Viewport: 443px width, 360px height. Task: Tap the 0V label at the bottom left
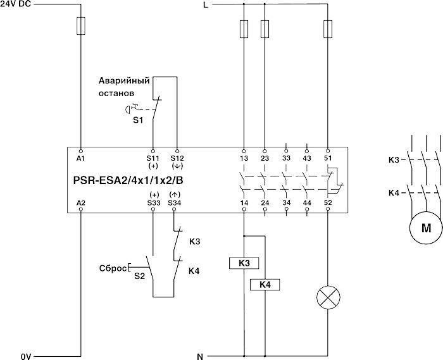(x=25, y=356)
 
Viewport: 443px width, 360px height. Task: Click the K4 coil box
(x=265, y=285)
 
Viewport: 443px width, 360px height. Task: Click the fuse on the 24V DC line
(x=80, y=27)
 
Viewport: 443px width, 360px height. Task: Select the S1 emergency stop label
(x=137, y=118)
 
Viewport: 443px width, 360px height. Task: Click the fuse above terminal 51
(x=327, y=28)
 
